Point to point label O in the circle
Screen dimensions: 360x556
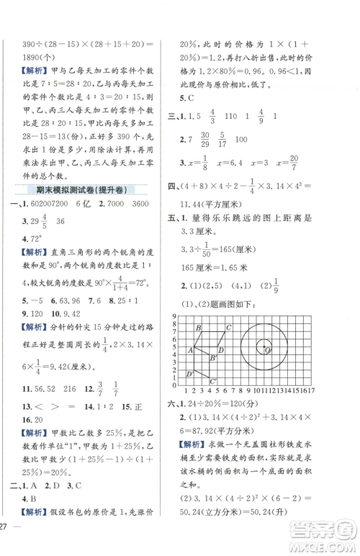click(x=267, y=351)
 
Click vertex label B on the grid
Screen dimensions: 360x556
click(x=198, y=328)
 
